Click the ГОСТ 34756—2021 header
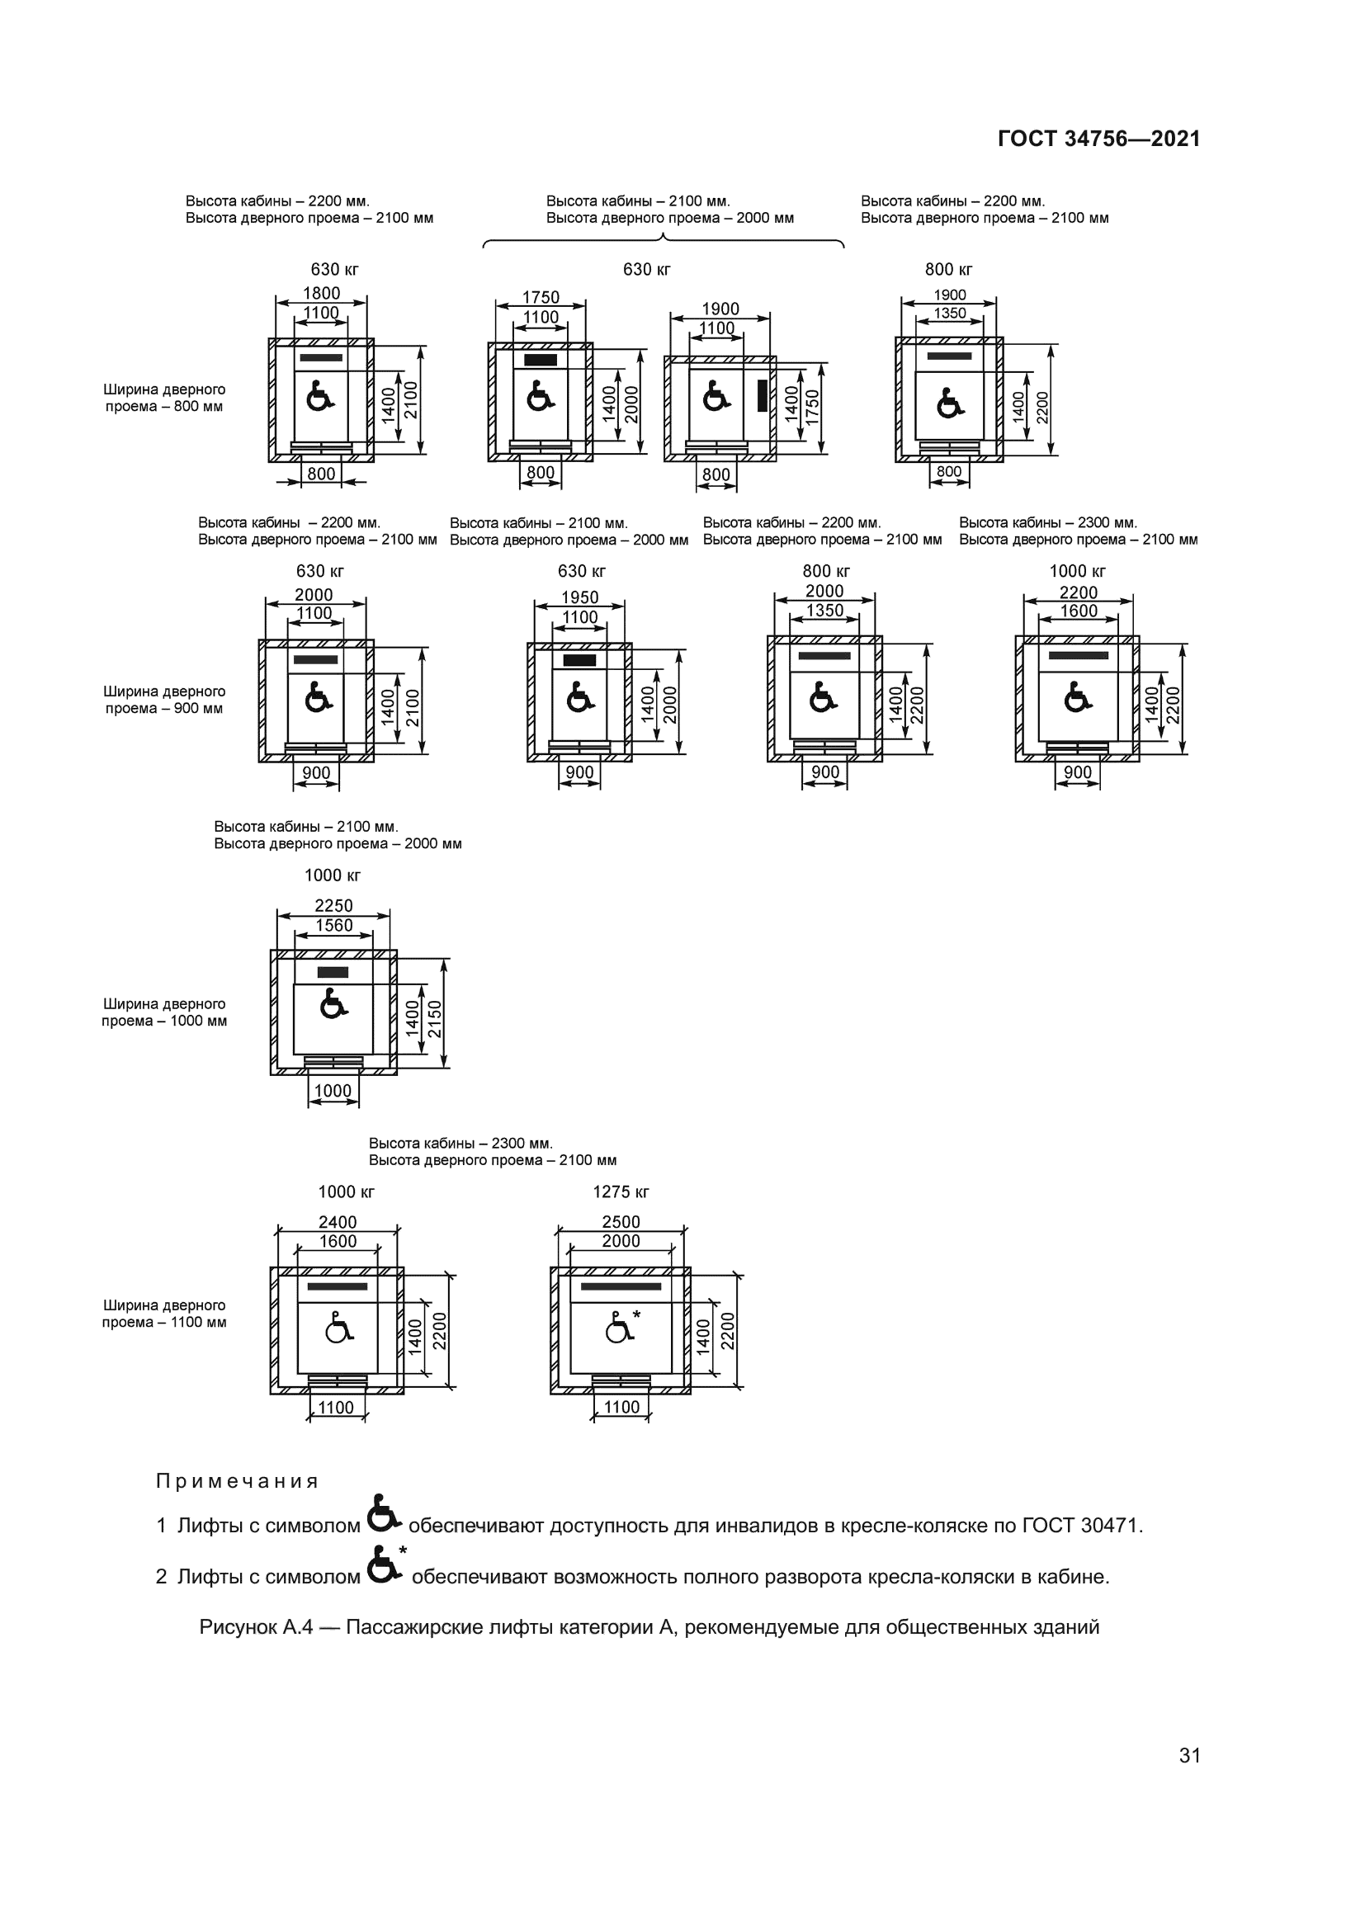coord(1098,139)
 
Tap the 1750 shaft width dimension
coord(541,298)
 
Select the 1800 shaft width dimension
coord(321,294)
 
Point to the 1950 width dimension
coord(579,597)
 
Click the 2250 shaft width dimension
coord(333,906)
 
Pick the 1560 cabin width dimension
coord(333,926)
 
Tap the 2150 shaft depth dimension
coord(436,1018)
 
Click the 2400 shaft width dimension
coord(337,1222)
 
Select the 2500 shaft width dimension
coord(621,1222)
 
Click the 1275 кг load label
coord(621,1192)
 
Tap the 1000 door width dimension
coord(333,1091)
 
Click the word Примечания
coord(237,1481)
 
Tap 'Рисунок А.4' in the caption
coord(256,1627)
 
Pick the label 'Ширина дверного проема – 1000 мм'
coord(165,1012)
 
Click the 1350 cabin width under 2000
coord(824,611)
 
